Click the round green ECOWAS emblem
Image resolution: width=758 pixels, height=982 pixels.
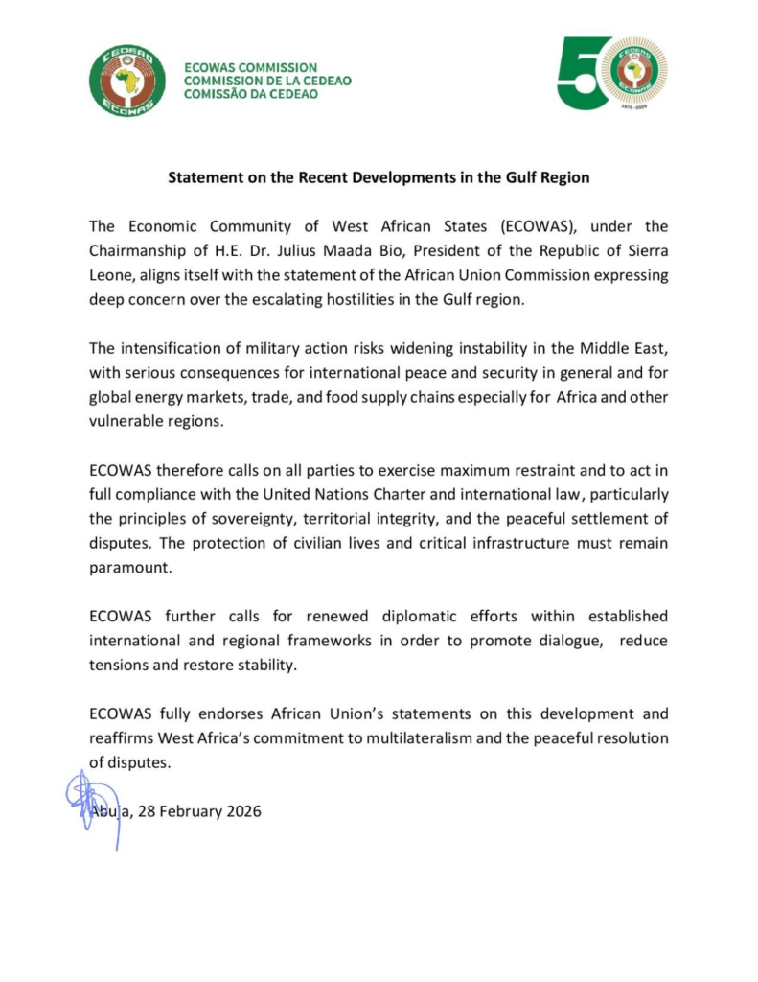[x=128, y=80]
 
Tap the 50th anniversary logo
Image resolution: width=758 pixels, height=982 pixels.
[x=611, y=73]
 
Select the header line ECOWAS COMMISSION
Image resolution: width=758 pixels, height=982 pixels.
[x=250, y=68]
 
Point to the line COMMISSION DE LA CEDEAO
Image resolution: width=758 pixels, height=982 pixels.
[x=267, y=81]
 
